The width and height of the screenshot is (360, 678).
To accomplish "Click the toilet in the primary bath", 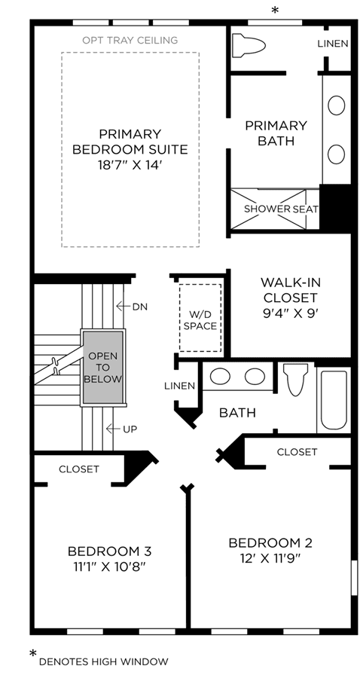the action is pos(249,45).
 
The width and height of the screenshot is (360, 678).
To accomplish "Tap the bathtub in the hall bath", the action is pos(334,399).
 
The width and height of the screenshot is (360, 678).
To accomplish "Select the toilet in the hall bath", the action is pos(295,379).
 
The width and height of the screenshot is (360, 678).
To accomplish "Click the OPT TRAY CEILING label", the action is pos(130,40).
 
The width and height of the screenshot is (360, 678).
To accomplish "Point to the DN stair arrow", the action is pos(124,307).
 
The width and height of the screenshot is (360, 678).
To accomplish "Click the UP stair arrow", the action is pos(113,429).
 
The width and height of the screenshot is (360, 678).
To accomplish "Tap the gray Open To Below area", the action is pos(103,368).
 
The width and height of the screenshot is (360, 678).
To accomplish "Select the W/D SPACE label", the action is pos(200,320).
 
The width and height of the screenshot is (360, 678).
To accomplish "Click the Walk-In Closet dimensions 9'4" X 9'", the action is pos(290,313).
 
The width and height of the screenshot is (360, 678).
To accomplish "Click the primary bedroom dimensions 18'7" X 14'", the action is pos(130,165).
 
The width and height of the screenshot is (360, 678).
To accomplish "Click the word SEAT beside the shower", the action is pos(306,209).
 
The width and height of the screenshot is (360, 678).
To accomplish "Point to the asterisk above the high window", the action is pos(274,11).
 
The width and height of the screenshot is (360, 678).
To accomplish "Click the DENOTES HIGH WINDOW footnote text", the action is pos(103,661).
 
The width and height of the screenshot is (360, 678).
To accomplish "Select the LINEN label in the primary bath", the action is pos(333,44).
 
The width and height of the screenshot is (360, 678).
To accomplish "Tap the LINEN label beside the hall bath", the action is pos(179,386).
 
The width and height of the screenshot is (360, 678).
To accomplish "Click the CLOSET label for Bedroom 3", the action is pos(79,469).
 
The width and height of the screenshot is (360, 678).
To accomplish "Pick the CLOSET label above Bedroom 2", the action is pos(297,452).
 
